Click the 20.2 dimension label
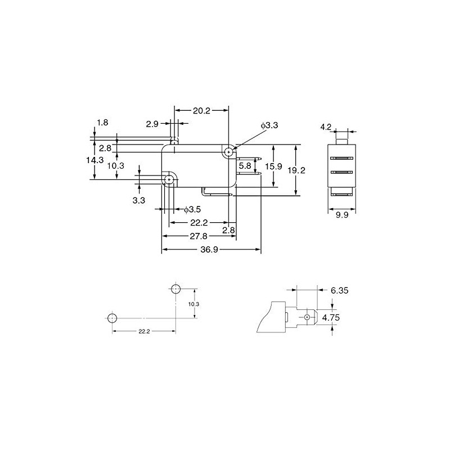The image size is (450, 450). (x=201, y=111)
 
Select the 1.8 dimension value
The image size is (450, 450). (x=102, y=123)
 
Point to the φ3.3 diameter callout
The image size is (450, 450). (x=269, y=125)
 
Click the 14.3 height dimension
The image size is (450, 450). (x=95, y=160)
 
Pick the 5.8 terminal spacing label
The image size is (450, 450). (x=245, y=166)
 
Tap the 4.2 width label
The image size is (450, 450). (x=326, y=127)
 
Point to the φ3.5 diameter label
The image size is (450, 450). (x=192, y=209)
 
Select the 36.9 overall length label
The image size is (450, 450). (x=209, y=250)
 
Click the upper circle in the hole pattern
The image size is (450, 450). (x=175, y=289)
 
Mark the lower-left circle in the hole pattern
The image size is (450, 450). (x=111, y=318)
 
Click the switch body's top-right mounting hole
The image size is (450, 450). (x=228, y=151)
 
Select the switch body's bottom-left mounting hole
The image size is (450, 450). (x=169, y=179)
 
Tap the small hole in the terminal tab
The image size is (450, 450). (x=307, y=318)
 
